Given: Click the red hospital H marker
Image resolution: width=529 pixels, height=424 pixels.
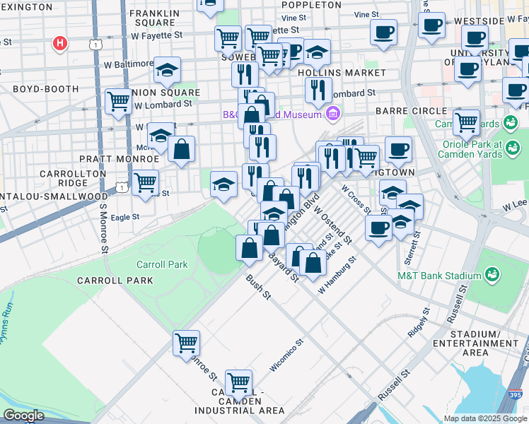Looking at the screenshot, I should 61,43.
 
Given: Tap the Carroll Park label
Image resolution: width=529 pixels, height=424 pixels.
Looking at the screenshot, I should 162,264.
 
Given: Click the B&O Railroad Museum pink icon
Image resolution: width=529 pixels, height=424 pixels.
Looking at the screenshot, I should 333,113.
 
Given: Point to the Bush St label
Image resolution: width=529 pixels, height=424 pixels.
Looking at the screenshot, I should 258,286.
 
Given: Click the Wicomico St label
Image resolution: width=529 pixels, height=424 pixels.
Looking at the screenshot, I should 286,355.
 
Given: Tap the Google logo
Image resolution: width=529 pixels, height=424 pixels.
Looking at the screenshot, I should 23,416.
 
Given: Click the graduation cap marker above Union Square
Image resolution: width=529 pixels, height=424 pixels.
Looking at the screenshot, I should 167,69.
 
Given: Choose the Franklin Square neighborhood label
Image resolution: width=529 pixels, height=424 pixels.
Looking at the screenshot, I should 153,17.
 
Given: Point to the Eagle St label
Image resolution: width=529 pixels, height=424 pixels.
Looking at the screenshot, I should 124,218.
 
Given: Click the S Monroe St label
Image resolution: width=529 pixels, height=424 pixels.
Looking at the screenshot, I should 103,229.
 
